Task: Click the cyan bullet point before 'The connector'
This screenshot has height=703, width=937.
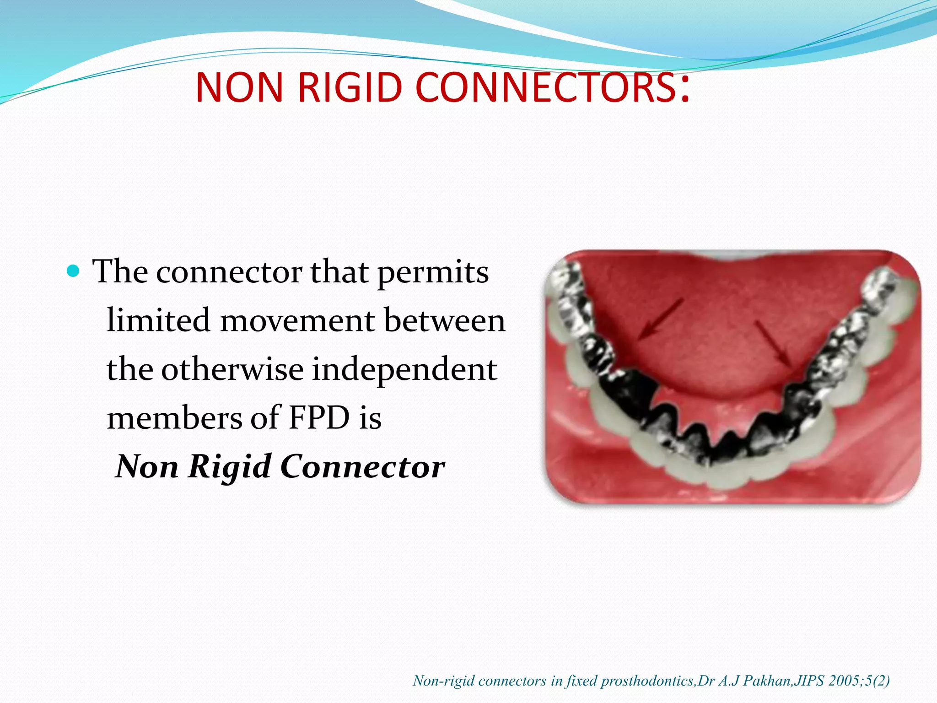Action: pyautogui.click(x=73, y=271)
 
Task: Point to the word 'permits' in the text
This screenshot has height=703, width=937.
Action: pyautogui.click(x=433, y=273)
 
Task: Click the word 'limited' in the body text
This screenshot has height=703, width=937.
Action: pyautogui.click(x=158, y=320)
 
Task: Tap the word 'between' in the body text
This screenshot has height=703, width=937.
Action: pyautogui.click(x=444, y=320)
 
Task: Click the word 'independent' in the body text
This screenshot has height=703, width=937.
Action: pyautogui.click(x=404, y=370)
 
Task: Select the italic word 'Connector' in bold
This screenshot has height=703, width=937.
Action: pyautogui.click(x=362, y=467)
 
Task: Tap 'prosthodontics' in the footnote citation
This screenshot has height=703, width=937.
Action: pyautogui.click(x=648, y=681)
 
